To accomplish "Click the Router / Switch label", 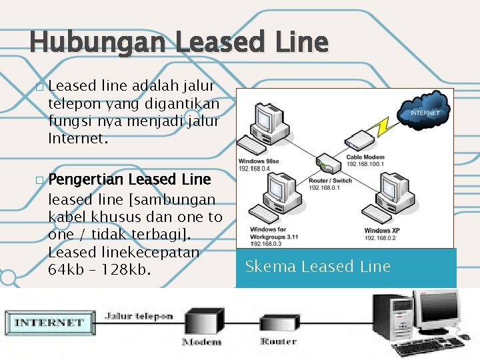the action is (x=330, y=181).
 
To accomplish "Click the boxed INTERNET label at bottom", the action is (x=49, y=323).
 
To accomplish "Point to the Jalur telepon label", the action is (x=139, y=316).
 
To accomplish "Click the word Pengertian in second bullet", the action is (x=86, y=180).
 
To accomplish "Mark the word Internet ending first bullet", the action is (x=76, y=140).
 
